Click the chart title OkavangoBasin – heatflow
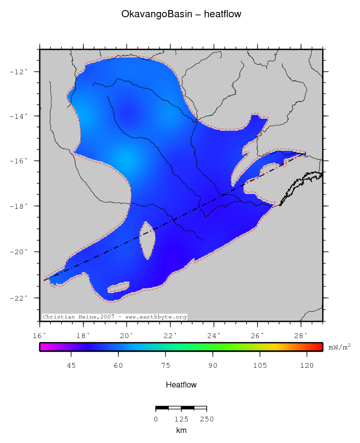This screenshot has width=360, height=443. (181, 15)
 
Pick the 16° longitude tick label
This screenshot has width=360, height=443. (40, 335)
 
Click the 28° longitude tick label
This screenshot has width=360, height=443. (301, 335)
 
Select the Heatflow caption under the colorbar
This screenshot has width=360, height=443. (181, 385)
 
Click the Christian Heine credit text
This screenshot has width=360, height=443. (114, 317)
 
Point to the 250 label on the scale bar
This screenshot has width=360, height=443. (207, 420)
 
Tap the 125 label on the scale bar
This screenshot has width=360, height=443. (181, 420)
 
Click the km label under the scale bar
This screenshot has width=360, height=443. (181, 431)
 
